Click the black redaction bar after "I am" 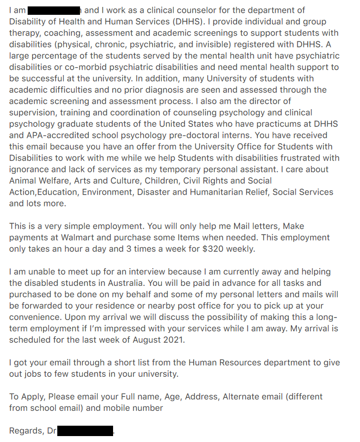pos(54,10)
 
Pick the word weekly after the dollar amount pos(240,249)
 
